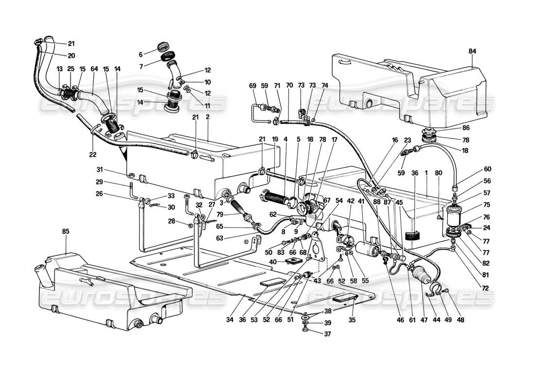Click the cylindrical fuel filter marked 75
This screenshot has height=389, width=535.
point(455,219)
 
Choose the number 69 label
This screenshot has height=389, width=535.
point(253,86)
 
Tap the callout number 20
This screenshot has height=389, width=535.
point(71,55)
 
